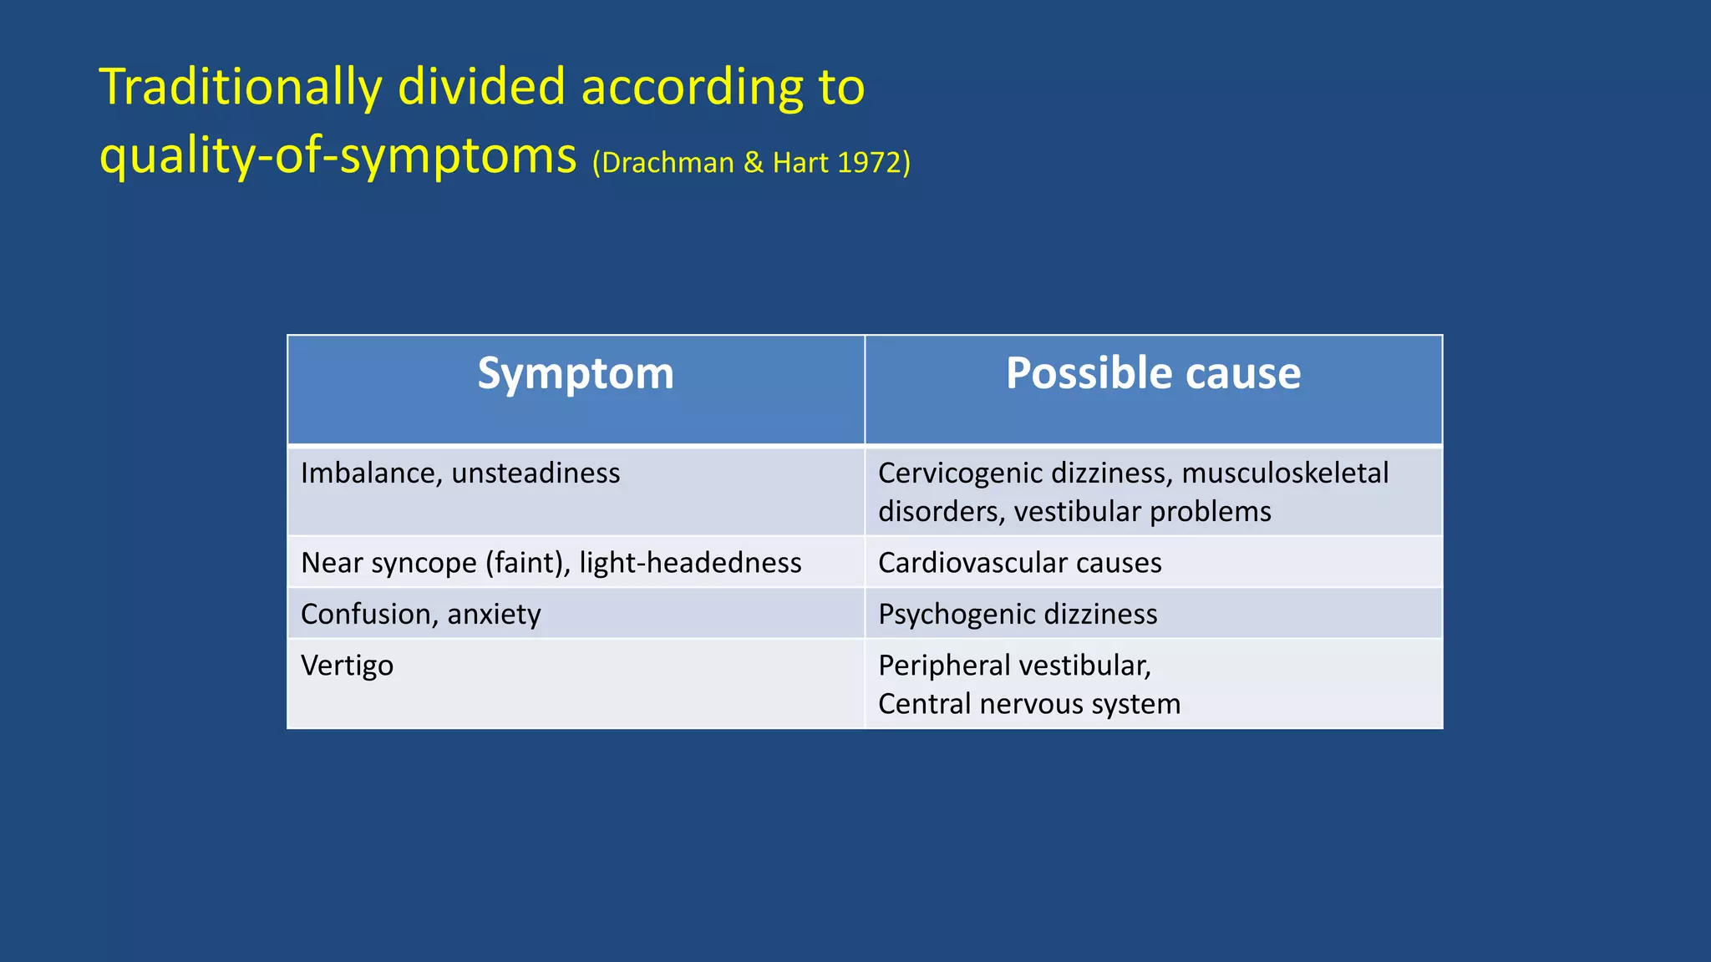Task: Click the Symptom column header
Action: coord(576,373)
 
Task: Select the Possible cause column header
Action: coord(1153,373)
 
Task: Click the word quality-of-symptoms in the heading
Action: coord(338,156)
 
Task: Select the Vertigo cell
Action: coord(347,666)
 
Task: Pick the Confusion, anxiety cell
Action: coord(420,615)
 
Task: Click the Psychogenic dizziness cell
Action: coord(1018,615)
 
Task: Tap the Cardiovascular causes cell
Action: coord(1019,563)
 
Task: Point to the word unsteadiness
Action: coord(536,473)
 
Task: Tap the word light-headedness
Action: coord(690,563)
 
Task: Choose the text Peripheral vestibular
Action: coord(1013,666)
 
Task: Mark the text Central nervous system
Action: coord(1028,704)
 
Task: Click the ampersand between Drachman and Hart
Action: coord(753,163)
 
